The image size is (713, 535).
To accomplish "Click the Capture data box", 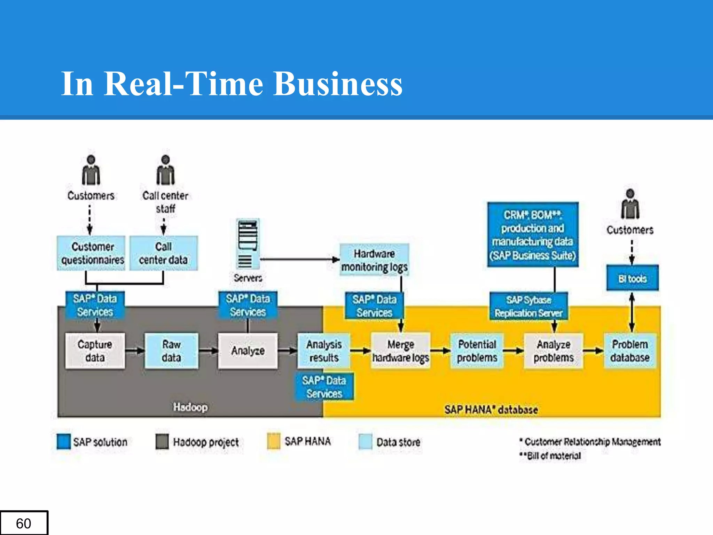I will (x=95, y=351).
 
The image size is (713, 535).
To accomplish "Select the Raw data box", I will (x=171, y=351).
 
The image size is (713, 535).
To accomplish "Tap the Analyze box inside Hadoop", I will (x=248, y=351).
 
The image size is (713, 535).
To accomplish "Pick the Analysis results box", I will (x=324, y=351).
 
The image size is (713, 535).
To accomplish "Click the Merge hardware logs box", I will (x=401, y=351).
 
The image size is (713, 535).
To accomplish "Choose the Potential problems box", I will (x=477, y=351).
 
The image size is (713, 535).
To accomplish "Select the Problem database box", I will (x=630, y=351).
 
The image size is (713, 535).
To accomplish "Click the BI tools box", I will (x=632, y=278).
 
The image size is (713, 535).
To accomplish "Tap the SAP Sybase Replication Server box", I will (x=528, y=307).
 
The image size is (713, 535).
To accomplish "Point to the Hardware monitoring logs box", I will (x=374, y=260).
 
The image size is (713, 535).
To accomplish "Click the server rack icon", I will (x=248, y=244).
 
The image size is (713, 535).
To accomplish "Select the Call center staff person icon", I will (x=165, y=171).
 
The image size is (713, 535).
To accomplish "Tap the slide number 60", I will (x=24, y=523).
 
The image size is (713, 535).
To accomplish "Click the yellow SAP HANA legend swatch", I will (x=274, y=441).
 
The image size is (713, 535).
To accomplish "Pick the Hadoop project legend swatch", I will (x=162, y=441).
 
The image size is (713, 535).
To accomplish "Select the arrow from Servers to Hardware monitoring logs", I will (x=299, y=259).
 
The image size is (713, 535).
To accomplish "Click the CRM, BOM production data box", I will (x=533, y=235).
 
